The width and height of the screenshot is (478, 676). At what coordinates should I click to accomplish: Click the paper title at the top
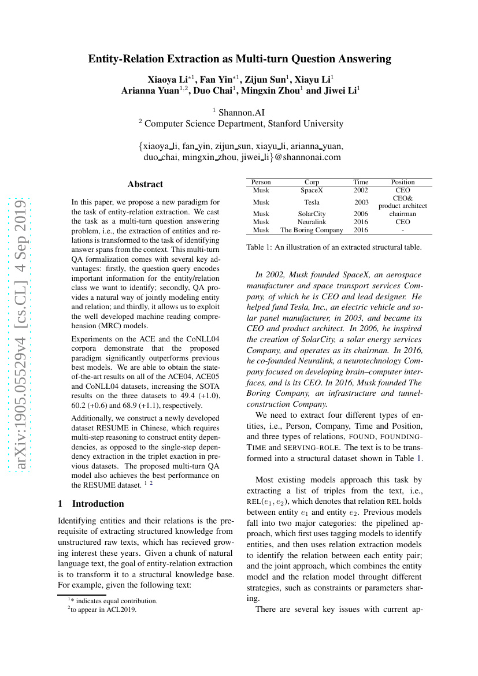pos(239,58)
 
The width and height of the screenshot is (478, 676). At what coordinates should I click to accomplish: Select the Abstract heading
pos(145,184)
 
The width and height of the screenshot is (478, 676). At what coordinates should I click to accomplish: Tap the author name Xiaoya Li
pos(168,79)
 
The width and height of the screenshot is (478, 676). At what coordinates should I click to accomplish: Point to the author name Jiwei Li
pos(342,91)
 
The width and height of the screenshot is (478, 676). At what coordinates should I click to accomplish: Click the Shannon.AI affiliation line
pos(239,112)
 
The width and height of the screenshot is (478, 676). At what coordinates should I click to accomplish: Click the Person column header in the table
pos(261,182)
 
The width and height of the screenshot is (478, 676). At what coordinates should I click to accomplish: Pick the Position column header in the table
pos(403,182)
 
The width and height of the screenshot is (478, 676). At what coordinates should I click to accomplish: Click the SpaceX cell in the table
pos(312,190)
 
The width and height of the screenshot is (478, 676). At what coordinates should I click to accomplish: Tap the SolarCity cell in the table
pos(312,214)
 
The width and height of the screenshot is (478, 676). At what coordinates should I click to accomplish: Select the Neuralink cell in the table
pos(312,222)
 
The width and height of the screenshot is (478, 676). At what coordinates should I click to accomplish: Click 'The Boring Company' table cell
pos(312,230)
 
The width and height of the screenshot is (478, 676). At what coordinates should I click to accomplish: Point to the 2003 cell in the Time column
pos(361,202)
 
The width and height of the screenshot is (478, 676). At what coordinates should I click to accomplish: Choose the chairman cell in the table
pos(403,214)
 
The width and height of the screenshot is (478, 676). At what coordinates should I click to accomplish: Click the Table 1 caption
pos(334,247)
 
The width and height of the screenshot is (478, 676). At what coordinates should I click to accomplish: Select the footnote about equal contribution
pos(113,601)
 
